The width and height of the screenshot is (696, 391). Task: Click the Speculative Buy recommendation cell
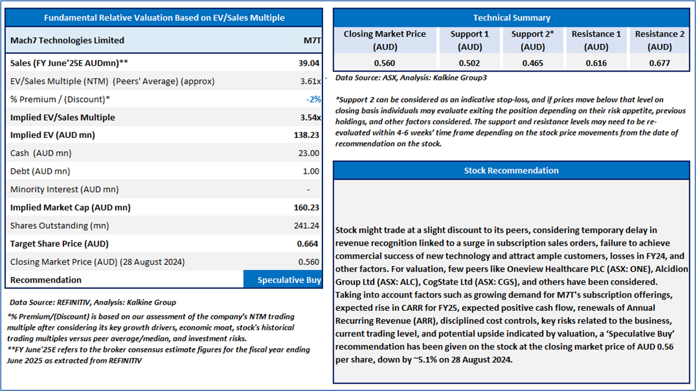coord(283,280)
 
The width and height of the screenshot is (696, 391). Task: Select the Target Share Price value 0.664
coord(307,244)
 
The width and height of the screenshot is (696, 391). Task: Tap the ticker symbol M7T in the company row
coord(312,40)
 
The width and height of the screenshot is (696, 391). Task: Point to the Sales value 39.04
coord(308,63)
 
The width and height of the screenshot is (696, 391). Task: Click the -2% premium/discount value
coord(313,99)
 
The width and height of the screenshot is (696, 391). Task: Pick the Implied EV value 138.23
coord(306,135)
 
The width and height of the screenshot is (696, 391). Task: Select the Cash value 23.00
coord(308,153)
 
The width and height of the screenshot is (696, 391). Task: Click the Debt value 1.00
coord(311,172)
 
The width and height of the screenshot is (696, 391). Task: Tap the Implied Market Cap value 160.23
coord(306,207)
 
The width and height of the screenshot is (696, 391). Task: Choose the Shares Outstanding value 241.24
coord(306,226)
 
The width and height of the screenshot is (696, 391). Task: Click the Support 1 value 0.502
coord(469,63)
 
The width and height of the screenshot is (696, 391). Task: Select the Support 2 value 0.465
coord(533,63)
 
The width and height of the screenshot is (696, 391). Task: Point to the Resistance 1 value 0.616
coord(596,63)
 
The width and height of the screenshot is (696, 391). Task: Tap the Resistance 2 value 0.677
coord(659,63)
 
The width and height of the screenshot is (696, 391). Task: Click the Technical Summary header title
coord(511,18)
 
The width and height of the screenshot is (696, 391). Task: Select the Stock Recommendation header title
coord(511,170)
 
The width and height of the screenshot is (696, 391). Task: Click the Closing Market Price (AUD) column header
coord(385,40)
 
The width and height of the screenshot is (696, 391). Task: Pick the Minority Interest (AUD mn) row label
coord(65,190)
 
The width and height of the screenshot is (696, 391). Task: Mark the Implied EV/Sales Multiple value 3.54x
coord(310,117)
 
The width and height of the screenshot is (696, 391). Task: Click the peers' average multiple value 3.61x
coord(310,81)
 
